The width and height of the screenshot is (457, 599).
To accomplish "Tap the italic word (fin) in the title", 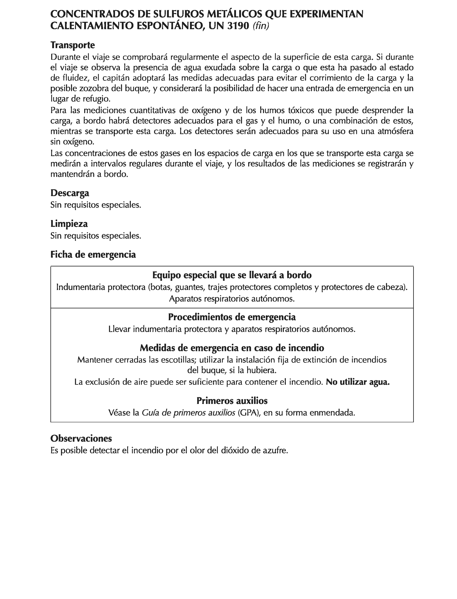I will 261,26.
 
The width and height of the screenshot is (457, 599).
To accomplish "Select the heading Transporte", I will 73,45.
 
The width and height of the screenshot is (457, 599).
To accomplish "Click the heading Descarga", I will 70,193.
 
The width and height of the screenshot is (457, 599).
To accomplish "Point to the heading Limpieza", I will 69,224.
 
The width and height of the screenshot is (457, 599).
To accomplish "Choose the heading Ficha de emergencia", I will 93,254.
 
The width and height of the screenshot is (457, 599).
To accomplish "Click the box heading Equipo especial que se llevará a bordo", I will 232,275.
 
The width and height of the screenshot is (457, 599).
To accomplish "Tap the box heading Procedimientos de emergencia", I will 232,317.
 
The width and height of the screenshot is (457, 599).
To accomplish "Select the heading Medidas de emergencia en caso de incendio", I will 232,348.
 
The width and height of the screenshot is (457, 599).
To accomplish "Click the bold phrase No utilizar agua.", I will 358,382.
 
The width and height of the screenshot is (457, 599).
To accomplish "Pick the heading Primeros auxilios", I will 232,401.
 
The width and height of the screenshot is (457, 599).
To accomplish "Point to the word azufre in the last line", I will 275,451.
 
